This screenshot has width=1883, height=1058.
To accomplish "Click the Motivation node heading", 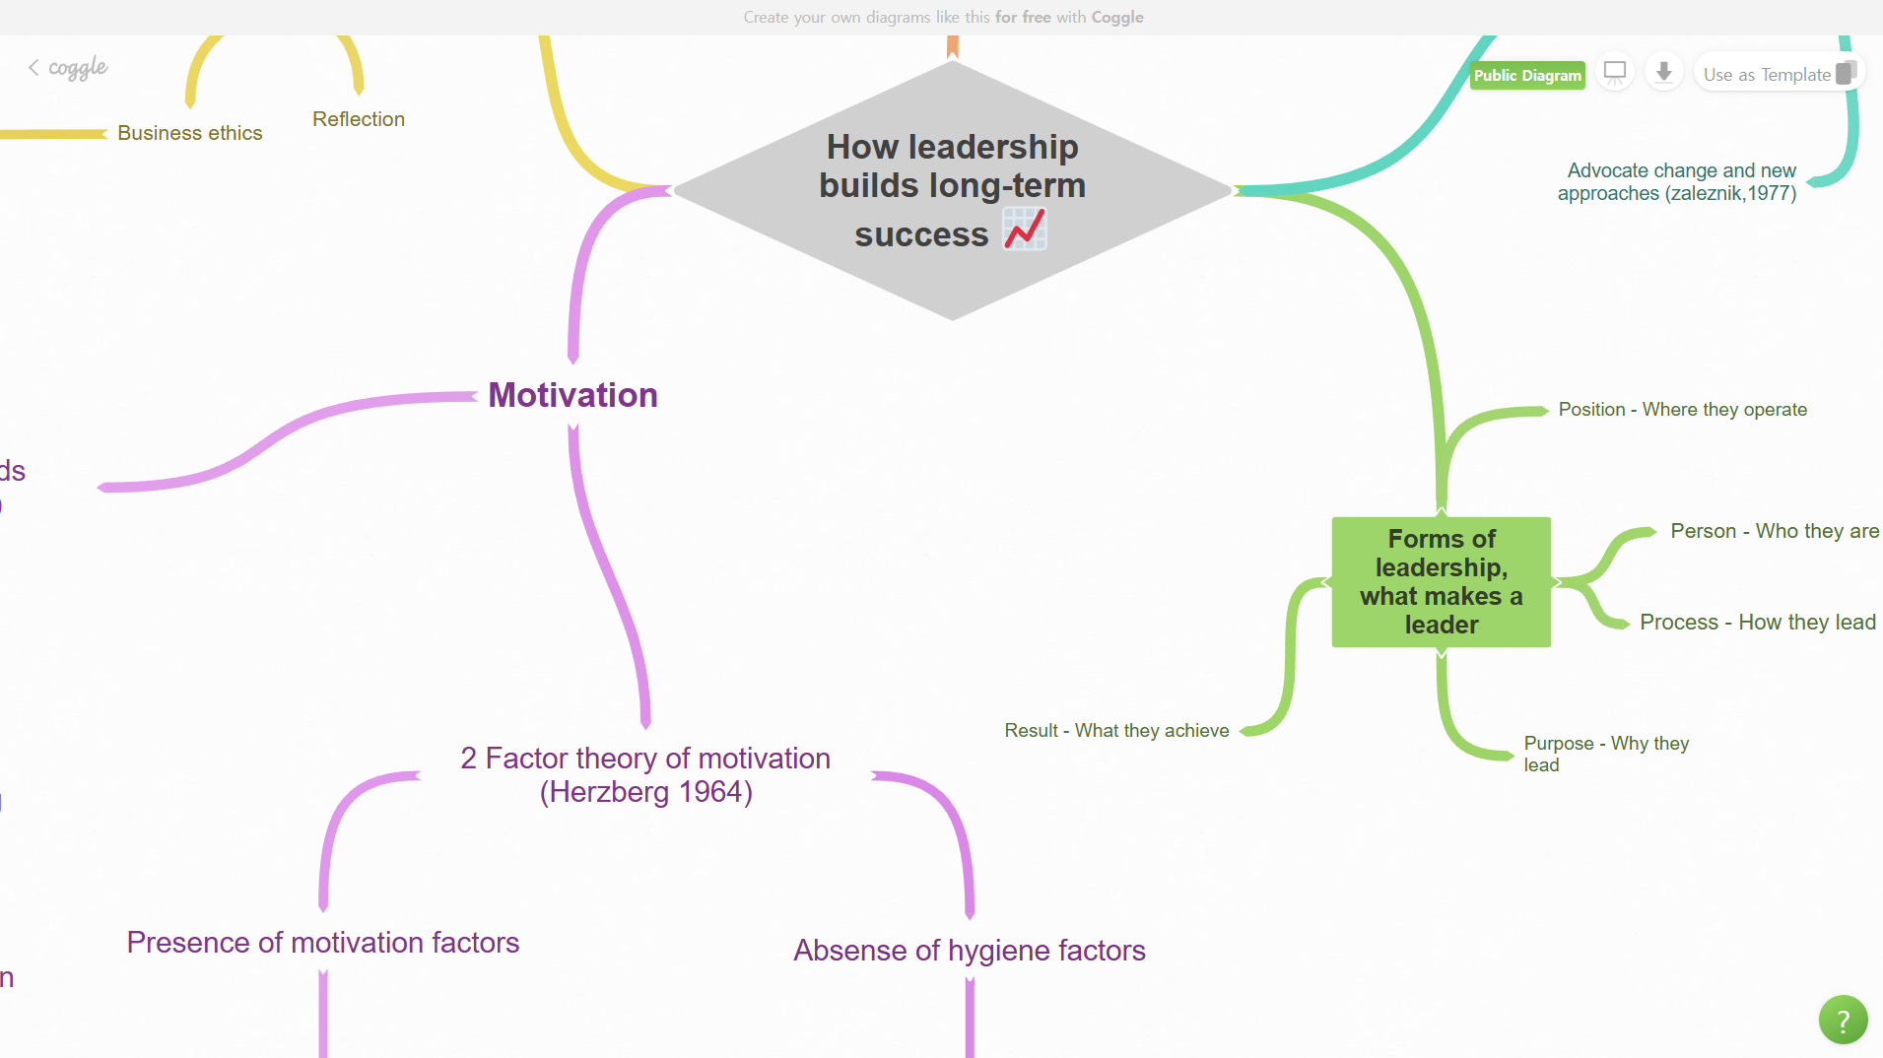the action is coord(572,395).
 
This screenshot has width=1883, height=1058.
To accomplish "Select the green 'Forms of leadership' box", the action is coord(1441,582).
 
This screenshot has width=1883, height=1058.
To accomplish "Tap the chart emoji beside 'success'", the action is coord(1025,230).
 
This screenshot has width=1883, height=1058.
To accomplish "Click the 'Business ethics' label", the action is coord(190,133).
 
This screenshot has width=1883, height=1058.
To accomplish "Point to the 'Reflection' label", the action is coord(359,119).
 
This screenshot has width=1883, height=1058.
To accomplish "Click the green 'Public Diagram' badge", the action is coord(1527,75).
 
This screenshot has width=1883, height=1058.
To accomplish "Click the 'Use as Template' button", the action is coord(1779,74).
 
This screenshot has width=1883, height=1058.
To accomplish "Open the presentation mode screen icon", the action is coord(1615,73).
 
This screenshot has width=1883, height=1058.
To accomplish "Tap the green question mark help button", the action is coord(1843,1021).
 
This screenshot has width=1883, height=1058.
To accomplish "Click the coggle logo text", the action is coord(78,68).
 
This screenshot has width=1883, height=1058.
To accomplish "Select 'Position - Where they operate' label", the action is coord(1682,410).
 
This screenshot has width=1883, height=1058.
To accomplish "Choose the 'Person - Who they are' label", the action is coord(1775,531).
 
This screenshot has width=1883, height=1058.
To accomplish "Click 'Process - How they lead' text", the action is coord(1758,623).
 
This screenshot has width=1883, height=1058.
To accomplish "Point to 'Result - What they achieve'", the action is coord(1116,731).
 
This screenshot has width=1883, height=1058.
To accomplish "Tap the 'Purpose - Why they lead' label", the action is coord(1606,754).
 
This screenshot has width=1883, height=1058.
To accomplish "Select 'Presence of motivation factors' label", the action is coord(323,943).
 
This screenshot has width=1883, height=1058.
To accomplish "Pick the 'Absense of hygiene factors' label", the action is coord(970,951).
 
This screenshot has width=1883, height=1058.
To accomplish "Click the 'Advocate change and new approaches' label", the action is coord(1677,182).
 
